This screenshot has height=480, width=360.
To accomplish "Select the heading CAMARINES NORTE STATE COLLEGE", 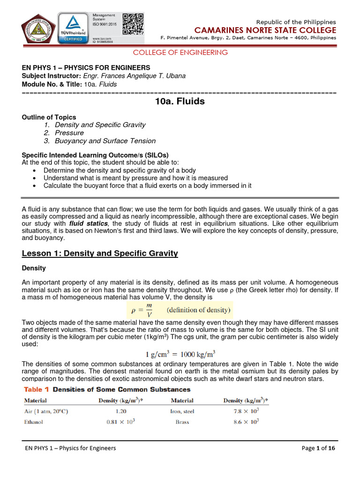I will pos(269,30).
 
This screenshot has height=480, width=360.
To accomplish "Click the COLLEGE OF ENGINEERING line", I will pos(180,52).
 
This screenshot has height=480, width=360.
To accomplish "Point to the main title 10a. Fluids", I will pos(180,101).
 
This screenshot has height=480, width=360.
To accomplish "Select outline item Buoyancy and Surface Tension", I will pos(105,141).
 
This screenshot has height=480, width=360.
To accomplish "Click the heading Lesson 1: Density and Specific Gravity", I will pos(100,253).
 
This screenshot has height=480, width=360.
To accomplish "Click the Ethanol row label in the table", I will pos(33,422).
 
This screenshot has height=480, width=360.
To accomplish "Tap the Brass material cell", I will pos(182,422).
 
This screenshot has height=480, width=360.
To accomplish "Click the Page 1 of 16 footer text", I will pos(318,448).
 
